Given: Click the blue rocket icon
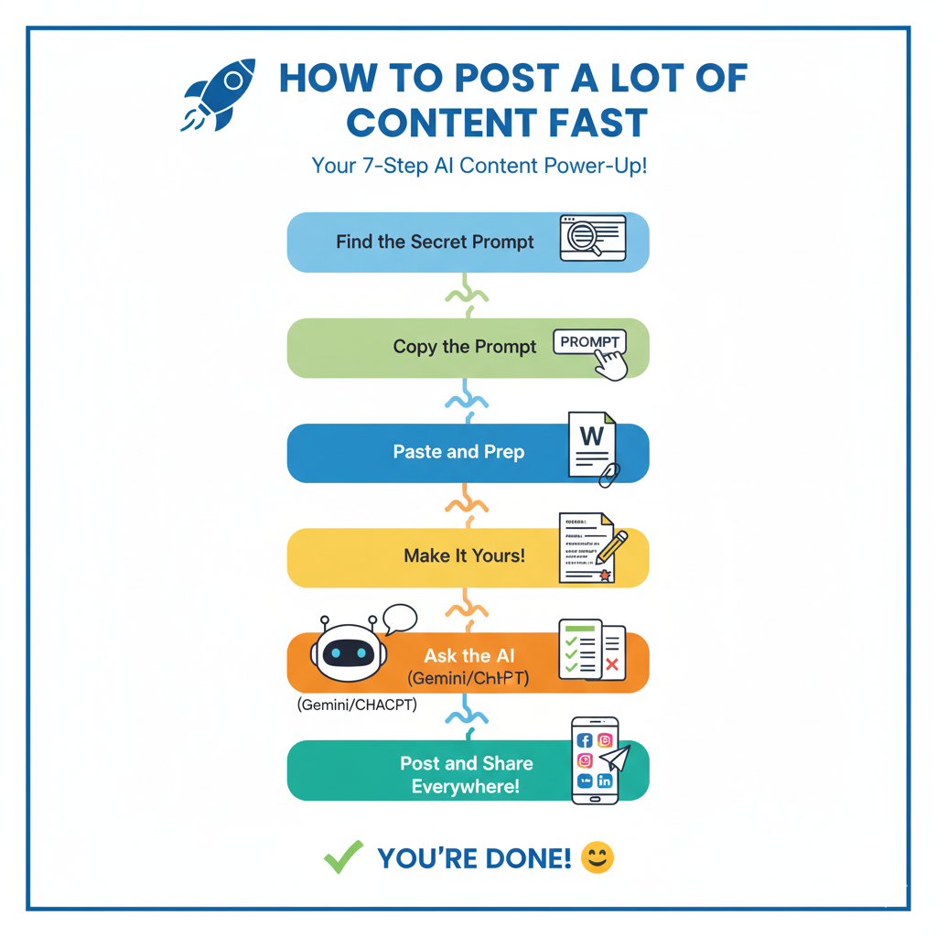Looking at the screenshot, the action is pyautogui.click(x=211, y=93).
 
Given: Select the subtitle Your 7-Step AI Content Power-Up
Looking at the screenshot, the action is pyautogui.click(x=479, y=167).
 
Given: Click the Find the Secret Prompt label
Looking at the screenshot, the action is pyautogui.click(x=435, y=242).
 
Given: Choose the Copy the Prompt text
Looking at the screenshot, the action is pyautogui.click(x=465, y=347).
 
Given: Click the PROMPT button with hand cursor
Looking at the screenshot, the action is pyautogui.click(x=591, y=343).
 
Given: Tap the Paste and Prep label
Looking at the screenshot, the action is pyautogui.click(x=458, y=452).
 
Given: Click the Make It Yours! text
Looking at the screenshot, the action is pyautogui.click(x=464, y=555).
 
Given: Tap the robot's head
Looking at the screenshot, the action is pyautogui.click(x=345, y=653).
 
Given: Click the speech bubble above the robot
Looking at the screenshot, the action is pyautogui.click(x=400, y=619).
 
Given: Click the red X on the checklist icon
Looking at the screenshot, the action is pyautogui.click(x=612, y=664).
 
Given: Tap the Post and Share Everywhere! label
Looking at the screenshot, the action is pyautogui.click(x=466, y=774).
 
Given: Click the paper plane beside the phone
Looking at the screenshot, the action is pyautogui.click(x=616, y=758).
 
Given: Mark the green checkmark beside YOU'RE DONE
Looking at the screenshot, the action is pyautogui.click(x=343, y=857).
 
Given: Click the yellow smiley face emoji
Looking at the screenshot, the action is pyautogui.click(x=598, y=857).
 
